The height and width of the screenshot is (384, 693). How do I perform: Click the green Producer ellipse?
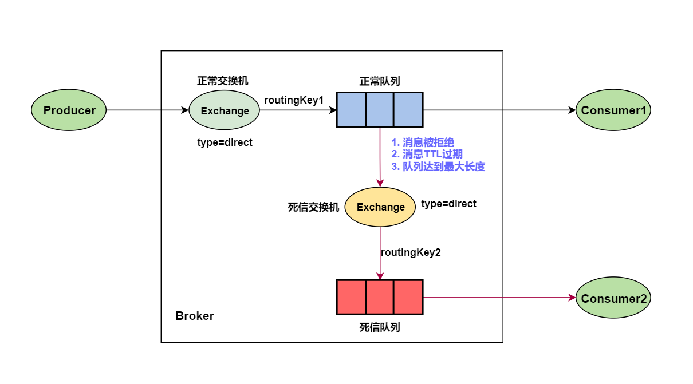point(69,110)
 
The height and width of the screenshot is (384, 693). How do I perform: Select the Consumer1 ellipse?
point(613,110)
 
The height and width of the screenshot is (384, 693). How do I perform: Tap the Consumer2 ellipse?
point(613,299)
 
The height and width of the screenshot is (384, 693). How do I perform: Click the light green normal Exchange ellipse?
point(224,110)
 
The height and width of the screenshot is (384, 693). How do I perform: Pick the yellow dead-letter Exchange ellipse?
point(380,207)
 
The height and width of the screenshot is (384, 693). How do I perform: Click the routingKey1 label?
point(294,100)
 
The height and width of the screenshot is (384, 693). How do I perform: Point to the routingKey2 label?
point(411,252)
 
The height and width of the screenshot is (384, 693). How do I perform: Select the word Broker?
point(194,316)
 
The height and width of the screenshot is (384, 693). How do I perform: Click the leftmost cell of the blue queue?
point(351,109)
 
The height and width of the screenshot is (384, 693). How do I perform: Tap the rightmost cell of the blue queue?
point(408,109)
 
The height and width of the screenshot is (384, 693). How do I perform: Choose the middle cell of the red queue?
point(380,297)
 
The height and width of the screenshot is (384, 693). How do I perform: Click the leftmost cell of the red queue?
point(351,297)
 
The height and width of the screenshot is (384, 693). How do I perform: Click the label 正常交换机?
point(223,81)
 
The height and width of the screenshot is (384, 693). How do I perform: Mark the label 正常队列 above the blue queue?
point(379,81)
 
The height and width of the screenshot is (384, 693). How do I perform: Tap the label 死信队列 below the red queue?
point(379,327)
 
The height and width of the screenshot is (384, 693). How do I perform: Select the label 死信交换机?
point(313,207)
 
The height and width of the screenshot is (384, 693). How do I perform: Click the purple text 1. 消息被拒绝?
point(423,142)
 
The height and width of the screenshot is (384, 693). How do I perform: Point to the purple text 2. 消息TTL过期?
point(427,154)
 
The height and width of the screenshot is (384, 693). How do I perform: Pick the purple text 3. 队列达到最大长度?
point(438,167)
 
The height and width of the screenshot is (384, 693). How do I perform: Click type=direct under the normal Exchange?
point(225,142)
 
